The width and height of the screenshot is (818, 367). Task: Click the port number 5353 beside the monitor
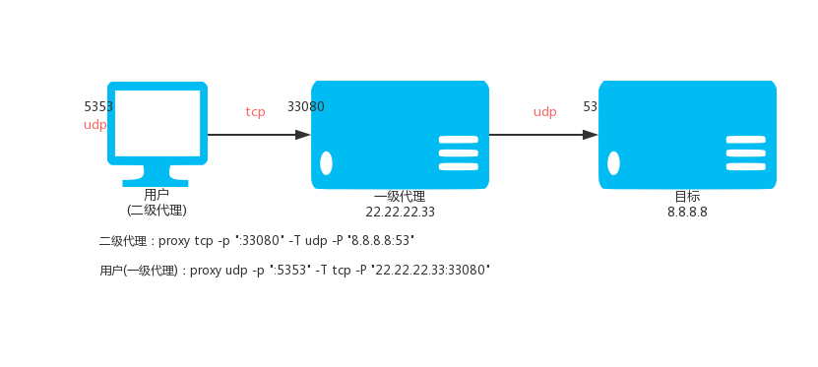click(x=98, y=107)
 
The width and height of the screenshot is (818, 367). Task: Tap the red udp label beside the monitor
click(x=94, y=125)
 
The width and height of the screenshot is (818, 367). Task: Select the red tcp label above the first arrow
click(x=256, y=111)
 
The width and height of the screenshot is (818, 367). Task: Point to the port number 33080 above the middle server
click(x=306, y=107)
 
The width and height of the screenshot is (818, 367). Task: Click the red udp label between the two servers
click(x=544, y=112)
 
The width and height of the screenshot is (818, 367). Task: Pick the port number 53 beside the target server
click(x=590, y=107)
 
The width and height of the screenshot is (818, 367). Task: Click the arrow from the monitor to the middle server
click(x=259, y=135)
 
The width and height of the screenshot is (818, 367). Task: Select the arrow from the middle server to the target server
click(x=543, y=135)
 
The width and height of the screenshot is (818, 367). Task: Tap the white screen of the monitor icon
click(x=157, y=123)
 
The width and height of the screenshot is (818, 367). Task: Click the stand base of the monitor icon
click(x=156, y=183)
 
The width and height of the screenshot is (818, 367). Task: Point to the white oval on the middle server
click(x=326, y=163)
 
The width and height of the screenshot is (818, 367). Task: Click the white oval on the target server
click(x=613, y=163)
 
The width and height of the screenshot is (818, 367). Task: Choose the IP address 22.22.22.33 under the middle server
click(x=400, y=213)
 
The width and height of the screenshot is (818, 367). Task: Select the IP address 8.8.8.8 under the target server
click(x=688, y=213)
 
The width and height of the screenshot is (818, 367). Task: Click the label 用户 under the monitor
click(x=157, y=195)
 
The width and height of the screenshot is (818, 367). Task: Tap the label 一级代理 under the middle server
click(x=400, y=197)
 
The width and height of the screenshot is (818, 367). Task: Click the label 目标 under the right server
click(x=688, y=197)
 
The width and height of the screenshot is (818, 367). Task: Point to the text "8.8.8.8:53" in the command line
click(x=382, y=241)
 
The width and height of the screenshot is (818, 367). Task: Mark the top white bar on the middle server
click(x=459, y=139)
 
